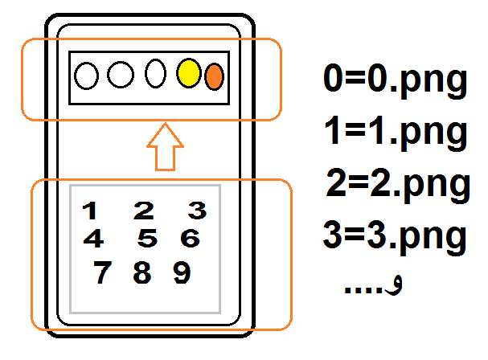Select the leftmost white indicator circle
(87, 76)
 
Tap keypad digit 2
(144, 211)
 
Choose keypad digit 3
(198, 211)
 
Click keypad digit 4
(93, 239)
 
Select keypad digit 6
(190, 239)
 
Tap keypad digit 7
(101, 273)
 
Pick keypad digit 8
(141, 273)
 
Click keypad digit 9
(182, 273)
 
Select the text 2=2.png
(397, 184)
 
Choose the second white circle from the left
(121, 76)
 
